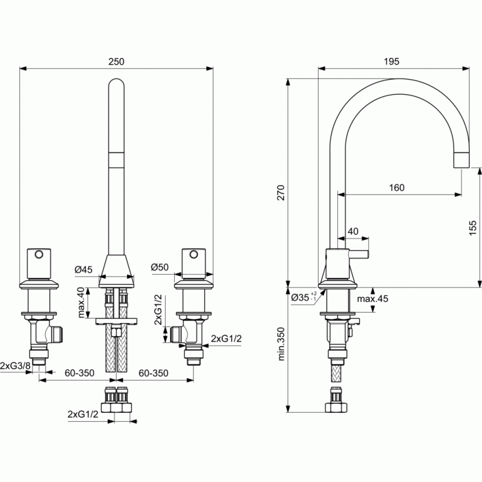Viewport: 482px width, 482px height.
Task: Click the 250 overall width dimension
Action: [116, 61]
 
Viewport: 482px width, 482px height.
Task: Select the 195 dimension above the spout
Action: [391, 61]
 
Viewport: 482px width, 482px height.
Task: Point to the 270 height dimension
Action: [281, 193]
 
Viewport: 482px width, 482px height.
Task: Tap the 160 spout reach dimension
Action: [396, 187]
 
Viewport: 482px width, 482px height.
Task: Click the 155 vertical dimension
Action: [473, 228]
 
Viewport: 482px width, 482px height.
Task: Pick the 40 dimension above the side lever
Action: [353, 231]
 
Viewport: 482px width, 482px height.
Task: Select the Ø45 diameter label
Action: [83, 269]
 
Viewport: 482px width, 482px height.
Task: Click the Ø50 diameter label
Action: [160, 267]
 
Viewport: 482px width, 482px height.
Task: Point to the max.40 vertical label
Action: [81, 302]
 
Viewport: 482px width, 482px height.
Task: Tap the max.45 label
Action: [372, 298]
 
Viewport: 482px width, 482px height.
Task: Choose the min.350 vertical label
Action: [281, 343]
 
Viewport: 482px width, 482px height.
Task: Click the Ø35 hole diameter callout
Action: [304, 297]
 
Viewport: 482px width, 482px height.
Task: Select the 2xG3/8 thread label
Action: [16, 366]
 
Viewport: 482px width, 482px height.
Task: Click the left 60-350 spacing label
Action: [80, 373]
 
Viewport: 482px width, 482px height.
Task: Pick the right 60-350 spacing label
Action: [154, 373]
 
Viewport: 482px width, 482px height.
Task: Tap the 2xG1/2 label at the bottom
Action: [83, 414]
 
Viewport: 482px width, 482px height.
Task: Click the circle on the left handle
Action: [39, 254]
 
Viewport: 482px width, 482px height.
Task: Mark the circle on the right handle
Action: [193, 254]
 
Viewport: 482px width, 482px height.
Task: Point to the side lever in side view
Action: [358, 254]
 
